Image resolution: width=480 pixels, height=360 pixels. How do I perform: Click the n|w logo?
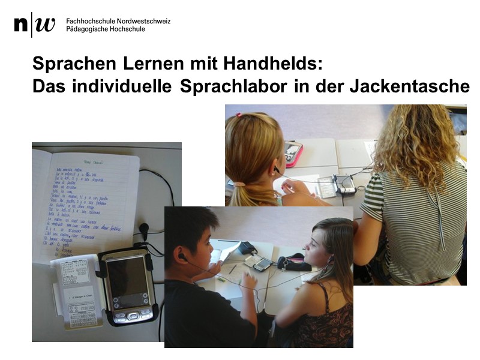(34, 25)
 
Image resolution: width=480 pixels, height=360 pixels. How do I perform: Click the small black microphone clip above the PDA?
(143, 228)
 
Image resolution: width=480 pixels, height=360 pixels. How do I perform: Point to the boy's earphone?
(181, 257)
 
